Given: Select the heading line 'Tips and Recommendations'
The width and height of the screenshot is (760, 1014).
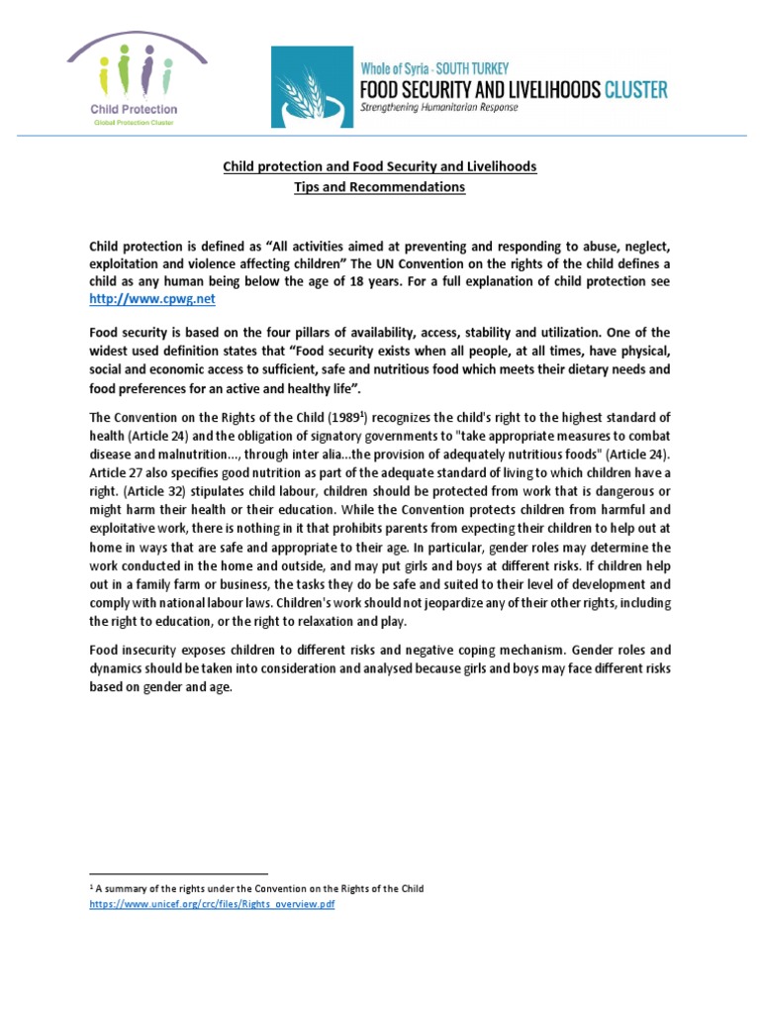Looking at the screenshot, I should tap(379, 187).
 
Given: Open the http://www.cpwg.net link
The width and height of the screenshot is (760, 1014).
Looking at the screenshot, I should tap(151, 298).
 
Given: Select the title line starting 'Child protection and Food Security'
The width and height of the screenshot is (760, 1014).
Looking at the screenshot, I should tap(379, 166).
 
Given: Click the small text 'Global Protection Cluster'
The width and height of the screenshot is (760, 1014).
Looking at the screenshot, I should tap(133, 120).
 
